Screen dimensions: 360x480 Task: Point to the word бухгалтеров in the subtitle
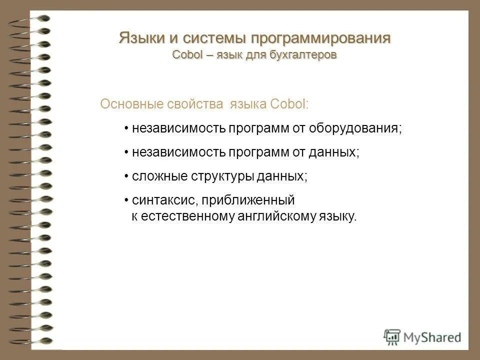pos(303,54)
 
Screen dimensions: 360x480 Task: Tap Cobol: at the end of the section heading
pos(289,104)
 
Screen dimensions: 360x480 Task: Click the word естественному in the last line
pos(184,216)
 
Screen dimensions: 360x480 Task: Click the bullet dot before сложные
pos(127,176)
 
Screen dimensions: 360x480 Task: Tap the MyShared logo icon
pos(392,336)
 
